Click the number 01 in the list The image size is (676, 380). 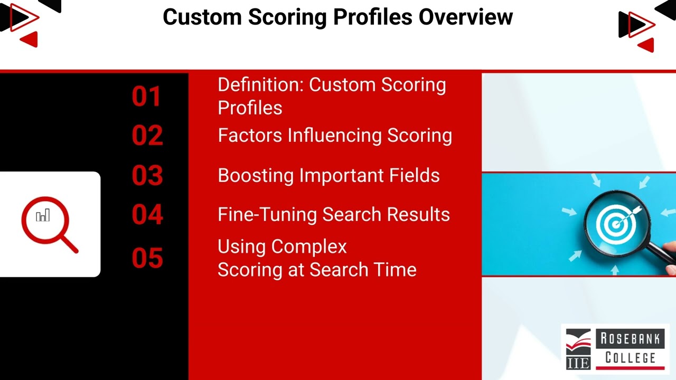(147, 97)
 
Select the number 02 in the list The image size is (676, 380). (147, 136)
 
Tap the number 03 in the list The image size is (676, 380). (147, 176)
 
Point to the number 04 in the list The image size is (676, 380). (147, 215)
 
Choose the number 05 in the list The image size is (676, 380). (147, 259)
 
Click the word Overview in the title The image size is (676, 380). (465, 17)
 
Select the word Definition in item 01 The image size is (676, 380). (260, 85)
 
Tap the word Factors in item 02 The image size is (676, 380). (250, 136)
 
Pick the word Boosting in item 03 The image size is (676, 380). (256, 176)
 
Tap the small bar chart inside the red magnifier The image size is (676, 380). (43, 215)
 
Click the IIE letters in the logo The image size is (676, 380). (578, 363)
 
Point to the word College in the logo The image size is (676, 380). (630, 358)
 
